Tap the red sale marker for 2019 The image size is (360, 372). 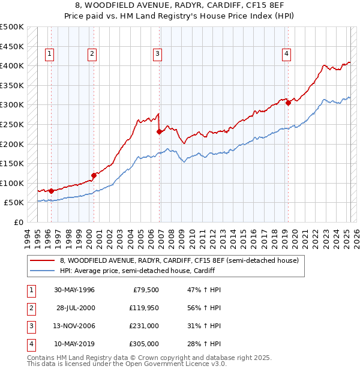click(x=288, y=103)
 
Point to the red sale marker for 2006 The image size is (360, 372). click(x=159, y=131)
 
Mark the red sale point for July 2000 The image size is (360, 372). click(x=94, y=175)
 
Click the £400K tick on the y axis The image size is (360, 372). click(x=11, y=65)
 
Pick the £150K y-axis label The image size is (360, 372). click(x=11, y=163)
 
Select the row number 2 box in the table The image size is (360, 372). click(x=31, y=308)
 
